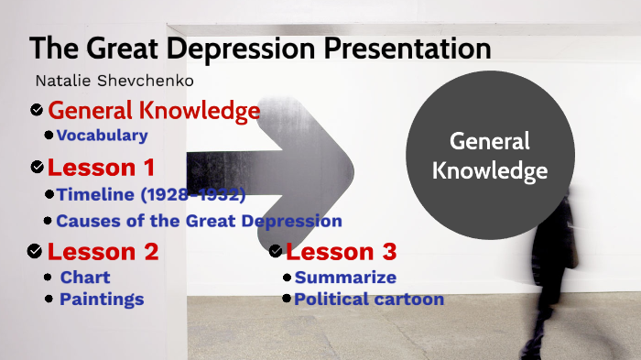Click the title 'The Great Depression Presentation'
click(260, 49)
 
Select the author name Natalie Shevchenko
click(114, 82)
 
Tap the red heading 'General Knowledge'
click(154, 111)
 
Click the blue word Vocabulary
click(102, 136)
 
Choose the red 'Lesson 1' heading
click(101, 168)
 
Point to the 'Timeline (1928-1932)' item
click(151, 194)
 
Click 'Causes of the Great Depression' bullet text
click(199, 221)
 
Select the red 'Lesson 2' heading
click(103, 251)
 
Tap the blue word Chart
click(85, 277)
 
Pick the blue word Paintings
click(102, 299)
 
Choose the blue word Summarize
click(345, 277)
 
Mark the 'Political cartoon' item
click(368, 299)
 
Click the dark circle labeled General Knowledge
click(489, 155)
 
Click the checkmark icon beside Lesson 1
click(37, 168)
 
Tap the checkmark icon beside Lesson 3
click(276, 251)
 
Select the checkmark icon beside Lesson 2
click(35, 251)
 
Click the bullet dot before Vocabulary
click(49, 136)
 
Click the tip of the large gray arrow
click(353, 164)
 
